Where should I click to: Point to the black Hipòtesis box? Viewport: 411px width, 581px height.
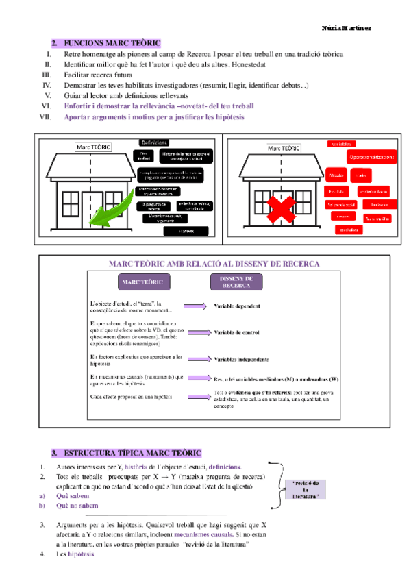point(187,230)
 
